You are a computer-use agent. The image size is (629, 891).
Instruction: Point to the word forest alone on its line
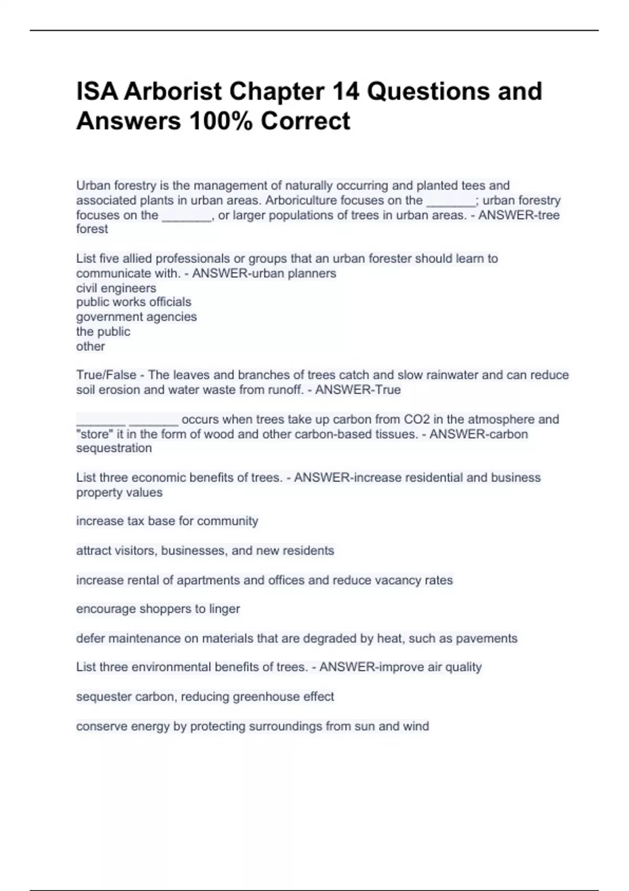[92, 229]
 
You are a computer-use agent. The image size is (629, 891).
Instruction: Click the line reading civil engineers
[116, 288]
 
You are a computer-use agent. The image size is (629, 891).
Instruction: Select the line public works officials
[134, 302]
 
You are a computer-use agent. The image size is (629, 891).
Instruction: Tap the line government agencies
[136, 317]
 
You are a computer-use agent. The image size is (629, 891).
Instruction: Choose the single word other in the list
[90, 346]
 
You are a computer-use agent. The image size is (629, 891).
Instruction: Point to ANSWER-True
[357, 390]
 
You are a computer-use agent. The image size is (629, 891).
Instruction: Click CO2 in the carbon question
[417, 419]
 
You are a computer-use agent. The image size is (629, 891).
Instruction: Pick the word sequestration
[114, 448]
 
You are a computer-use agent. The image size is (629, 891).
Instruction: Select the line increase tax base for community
[167, 521]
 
